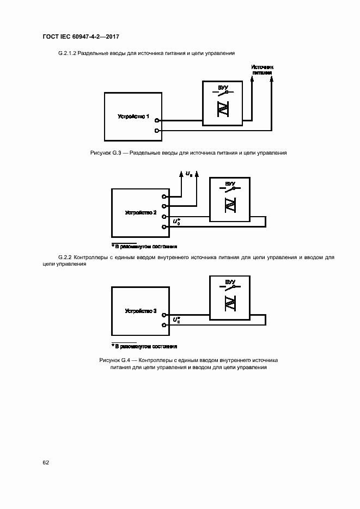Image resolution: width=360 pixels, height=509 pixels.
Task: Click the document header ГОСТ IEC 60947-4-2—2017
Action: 81,36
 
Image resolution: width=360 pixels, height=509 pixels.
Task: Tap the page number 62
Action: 46,462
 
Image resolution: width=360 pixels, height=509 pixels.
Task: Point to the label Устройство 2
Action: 141,212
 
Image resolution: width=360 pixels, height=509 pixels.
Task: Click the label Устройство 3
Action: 141,311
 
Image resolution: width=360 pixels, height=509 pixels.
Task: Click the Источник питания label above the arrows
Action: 262,69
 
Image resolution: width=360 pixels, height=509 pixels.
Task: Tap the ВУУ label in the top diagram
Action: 222,87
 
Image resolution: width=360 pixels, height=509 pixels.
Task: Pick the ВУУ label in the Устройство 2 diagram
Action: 230,183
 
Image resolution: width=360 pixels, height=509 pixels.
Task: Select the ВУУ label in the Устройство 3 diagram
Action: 230,281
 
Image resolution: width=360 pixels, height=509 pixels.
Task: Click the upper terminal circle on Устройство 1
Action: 157,120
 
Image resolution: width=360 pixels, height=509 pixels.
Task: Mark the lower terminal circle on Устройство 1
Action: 157,131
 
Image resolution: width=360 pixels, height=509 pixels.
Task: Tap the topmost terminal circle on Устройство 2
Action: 164,197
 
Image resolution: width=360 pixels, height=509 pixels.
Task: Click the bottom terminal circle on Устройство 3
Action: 164,325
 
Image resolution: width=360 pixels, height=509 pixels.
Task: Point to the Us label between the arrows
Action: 188,174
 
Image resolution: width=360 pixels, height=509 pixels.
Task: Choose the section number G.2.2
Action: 66,256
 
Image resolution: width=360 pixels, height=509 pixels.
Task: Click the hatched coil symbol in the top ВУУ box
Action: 222,110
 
